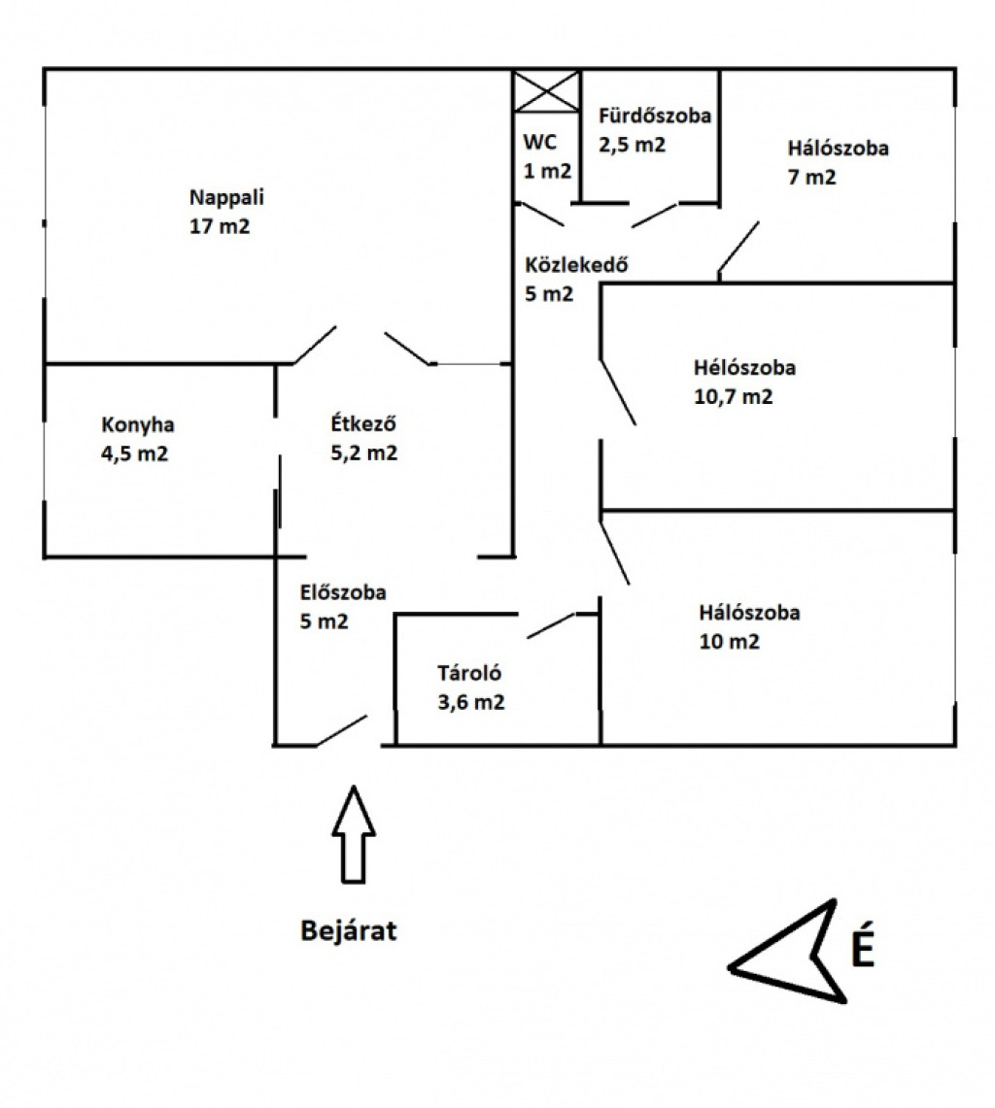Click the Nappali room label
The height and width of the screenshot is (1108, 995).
pos(226,197)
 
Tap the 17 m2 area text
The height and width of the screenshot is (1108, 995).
pos(220,226)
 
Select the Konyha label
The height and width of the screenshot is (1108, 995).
pos(138,425)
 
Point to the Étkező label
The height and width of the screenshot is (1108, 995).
pos(363,423)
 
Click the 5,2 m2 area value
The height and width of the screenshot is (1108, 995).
pos(364,453)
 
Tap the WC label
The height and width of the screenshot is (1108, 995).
pos(539,142)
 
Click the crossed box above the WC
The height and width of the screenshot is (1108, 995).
pos(546,90)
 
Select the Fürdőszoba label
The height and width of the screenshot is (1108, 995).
pos(655,116)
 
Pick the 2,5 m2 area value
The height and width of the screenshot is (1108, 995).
pos(633,145)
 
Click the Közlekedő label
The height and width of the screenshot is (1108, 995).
pos(576,265)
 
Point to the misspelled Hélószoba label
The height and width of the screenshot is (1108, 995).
pos(744,367)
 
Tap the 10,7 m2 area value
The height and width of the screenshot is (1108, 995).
pos(734,396)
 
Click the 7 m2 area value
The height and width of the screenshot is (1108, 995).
pos(812,177)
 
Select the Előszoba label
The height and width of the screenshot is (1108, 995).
pos(343,592)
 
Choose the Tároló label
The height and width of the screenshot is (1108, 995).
pos(469,673)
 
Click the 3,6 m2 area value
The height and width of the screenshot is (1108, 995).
pos(471,702)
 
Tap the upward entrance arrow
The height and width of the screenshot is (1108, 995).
pos(354,834)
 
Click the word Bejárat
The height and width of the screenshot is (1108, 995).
pos(349,930)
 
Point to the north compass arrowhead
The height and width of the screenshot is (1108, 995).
pos(787,951)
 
